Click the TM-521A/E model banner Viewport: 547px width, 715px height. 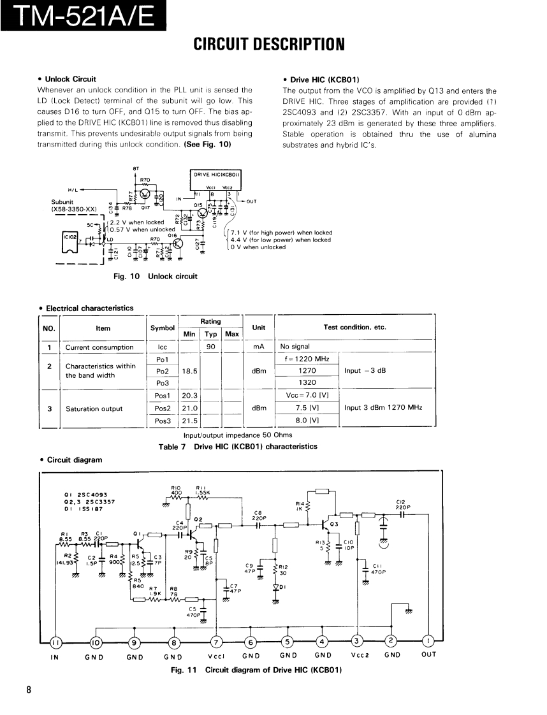point(84,15)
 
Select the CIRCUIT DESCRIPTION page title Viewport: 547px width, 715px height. point(269,44)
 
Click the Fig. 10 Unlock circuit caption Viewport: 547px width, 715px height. point(155,276)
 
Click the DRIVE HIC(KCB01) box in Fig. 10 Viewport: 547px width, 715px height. point(216,174)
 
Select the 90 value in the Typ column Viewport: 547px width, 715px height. point(210,347)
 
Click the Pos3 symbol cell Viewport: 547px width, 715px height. point(162,421)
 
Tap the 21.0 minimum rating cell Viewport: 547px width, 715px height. point(190,408)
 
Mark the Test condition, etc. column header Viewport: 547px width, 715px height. point(354,328)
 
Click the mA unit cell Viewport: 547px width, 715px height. point(258,347)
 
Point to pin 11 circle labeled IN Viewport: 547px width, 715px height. point(56,642)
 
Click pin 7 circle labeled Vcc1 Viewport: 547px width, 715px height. point(216,641)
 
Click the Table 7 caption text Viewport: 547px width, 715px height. point(237,447)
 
